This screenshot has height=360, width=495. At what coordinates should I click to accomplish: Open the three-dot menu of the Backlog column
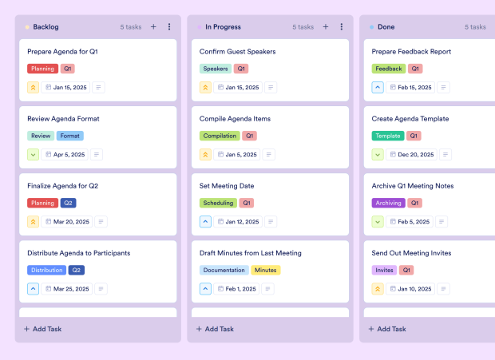[169, 26]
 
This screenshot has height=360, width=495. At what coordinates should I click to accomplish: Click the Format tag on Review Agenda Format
[70, 136]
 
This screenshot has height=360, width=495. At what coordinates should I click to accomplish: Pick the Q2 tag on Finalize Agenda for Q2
[69, 203]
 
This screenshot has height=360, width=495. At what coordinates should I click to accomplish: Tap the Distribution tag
[47, 270]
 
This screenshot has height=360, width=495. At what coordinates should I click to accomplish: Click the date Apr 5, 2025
[68, 154]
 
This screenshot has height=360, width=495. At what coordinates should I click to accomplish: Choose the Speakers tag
[216, 69]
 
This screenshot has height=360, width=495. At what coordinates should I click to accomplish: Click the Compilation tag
[220, 136]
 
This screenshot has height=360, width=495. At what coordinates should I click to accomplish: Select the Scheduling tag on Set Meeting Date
[218, 203]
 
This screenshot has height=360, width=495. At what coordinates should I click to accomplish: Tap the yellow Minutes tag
[266, 270]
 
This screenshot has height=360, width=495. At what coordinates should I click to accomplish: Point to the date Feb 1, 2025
[240, 289]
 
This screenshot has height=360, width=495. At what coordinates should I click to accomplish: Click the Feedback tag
[389, 69]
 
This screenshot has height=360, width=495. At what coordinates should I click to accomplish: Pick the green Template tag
[388, 136]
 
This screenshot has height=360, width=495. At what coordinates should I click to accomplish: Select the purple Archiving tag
[389, 203]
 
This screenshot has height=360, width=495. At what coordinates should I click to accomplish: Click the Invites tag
[384, 270]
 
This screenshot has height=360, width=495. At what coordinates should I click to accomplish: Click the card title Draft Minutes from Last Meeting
[251, 253]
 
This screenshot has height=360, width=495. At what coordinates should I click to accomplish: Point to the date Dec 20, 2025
[414, 154]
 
